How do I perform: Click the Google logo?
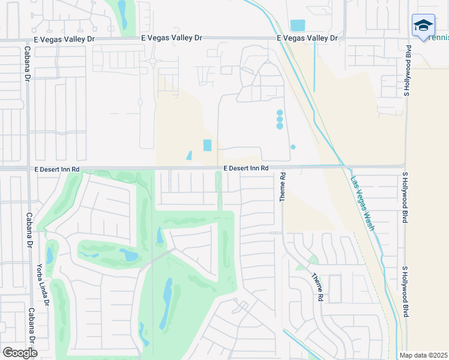point(19,353)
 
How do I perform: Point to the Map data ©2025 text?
point(424,355)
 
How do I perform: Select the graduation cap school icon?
point(423,25)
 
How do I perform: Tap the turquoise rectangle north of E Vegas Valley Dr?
point(297,25)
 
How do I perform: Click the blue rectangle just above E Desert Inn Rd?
point(208,145)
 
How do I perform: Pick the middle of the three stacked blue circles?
point(280,119)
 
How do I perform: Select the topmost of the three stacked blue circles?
point(280,113)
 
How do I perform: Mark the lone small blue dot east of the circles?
point(293,147)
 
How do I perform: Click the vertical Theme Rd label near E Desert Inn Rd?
point(283,188)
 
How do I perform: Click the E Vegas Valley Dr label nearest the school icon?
point(307,38)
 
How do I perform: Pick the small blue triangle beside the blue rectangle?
point(190,155)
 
